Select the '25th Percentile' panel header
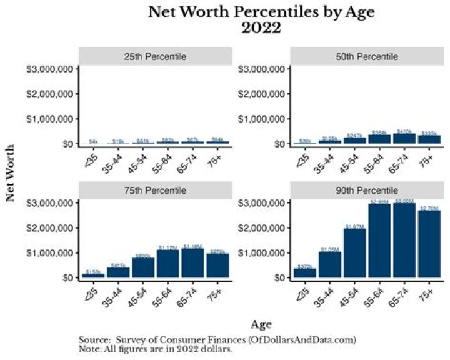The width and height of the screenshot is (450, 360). (x=154, y=57)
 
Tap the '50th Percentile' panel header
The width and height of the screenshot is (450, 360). (x=366, y=57)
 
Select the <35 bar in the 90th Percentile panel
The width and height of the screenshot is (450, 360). (x=305, y=273)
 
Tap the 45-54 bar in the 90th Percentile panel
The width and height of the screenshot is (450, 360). (x=354, y=253)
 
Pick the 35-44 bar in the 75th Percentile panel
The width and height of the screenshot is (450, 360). (x=118, y=272)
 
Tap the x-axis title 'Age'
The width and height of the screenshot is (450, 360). (x=261, y=325)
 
